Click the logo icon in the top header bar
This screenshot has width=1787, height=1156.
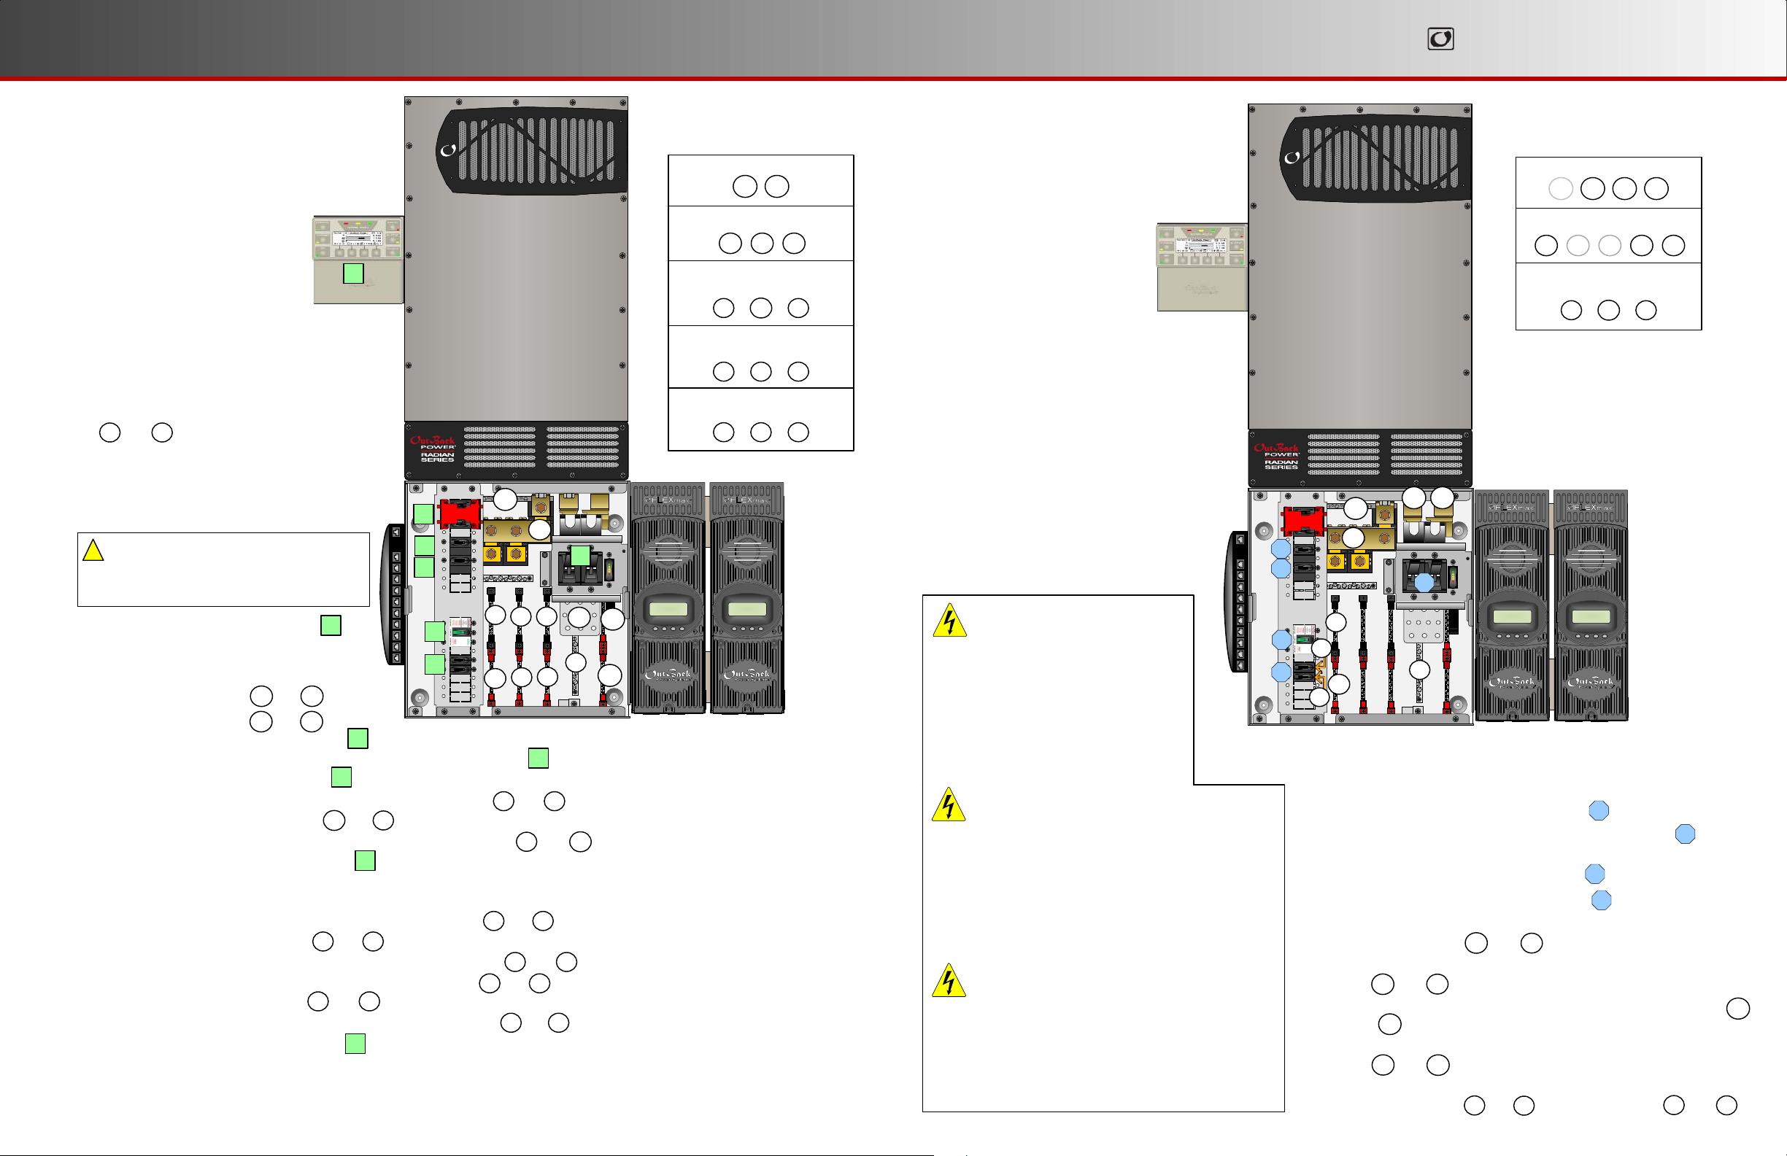1440,39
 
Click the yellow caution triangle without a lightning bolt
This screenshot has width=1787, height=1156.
93,550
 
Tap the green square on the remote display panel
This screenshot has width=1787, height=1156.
353,274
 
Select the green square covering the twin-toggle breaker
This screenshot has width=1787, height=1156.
580,556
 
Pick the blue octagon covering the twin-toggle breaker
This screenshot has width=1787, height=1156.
1424,583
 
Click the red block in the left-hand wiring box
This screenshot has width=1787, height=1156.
460,513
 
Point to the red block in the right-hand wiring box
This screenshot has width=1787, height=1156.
1302,521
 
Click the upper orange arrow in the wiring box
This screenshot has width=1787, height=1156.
1319,665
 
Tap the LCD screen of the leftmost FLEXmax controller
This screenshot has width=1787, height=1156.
668,609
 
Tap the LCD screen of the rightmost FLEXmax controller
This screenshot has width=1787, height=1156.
1590,616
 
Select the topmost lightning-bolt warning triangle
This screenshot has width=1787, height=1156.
949,621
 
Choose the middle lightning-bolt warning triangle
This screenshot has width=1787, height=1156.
949,804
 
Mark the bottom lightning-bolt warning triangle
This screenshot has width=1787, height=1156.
949,980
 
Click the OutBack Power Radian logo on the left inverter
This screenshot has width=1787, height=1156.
433,449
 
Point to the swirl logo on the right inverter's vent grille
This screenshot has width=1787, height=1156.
1292,158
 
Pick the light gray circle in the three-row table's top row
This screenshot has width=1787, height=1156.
1560,188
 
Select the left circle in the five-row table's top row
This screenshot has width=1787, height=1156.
744,186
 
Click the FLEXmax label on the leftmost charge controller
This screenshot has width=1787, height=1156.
668,499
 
